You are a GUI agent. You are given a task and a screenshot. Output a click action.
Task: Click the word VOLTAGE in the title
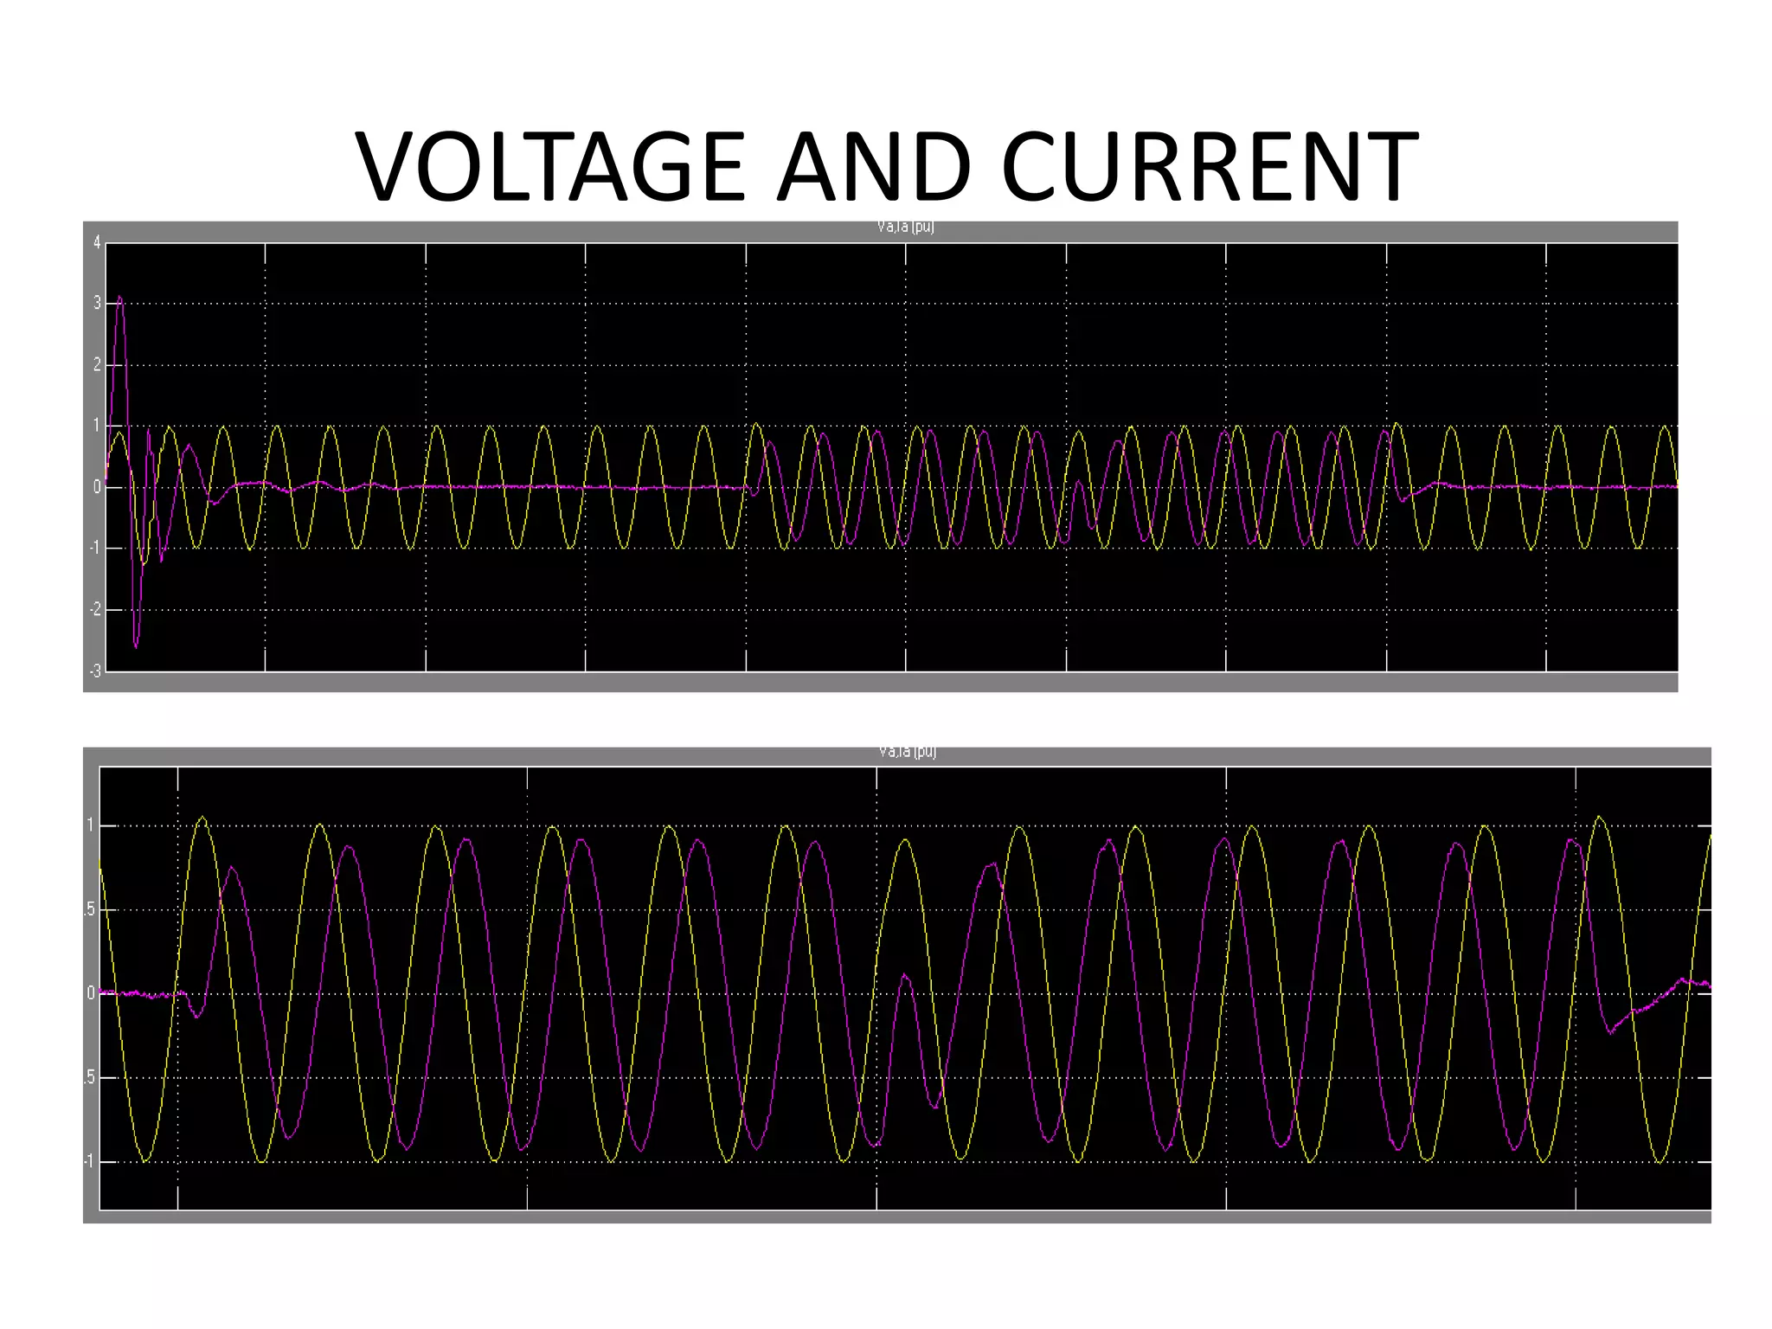(x=550, y=166)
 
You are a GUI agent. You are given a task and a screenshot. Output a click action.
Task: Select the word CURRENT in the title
(x=1210, y=166)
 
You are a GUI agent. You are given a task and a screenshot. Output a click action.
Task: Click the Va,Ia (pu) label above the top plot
(x=905, y=228)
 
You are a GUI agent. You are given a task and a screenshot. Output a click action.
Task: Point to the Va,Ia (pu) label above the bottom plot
(x=907, y=752)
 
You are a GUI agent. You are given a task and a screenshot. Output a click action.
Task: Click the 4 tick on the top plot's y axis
(x=97, y=243)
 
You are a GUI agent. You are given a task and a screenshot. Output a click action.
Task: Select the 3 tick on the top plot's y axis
(x=97, y=304)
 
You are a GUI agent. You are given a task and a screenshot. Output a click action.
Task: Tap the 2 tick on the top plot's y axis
(x=97, y=365)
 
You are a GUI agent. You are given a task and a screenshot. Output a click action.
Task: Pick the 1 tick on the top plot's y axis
(x=97, y=426)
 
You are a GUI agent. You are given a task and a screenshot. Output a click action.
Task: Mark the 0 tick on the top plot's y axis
(x=97, y=487)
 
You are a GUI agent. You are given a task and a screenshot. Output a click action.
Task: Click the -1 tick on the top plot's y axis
(x=95, y=549)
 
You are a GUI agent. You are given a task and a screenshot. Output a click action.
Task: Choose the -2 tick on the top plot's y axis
(x=95, y=610)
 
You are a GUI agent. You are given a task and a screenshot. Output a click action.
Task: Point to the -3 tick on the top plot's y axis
(x=95, y=671)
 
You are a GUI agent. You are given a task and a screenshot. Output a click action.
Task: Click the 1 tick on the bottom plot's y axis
(x=90, y=825)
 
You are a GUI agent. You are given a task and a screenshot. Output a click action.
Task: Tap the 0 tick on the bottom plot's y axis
(x=90, y=993)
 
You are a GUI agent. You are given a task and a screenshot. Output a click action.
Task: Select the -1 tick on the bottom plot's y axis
(x=88, y=1161)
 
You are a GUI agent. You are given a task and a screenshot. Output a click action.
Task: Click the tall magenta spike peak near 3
(x=120, y=299)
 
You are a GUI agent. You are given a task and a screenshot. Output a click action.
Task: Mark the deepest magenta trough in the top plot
(x=136, y=645)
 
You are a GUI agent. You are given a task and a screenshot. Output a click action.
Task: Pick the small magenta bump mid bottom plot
(x=904, y=976)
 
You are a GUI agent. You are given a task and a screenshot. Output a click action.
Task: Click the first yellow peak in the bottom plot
(x=202, y=817)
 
